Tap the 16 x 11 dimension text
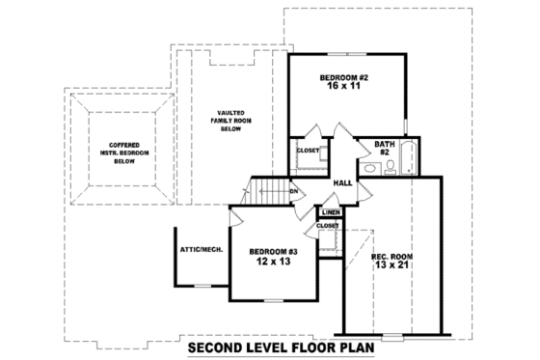(343, 87)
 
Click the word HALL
(342, 181)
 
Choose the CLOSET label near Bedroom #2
(308, 152)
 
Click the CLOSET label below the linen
(327, 225)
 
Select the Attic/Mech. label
(200, 250)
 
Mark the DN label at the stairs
(293, 191)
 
